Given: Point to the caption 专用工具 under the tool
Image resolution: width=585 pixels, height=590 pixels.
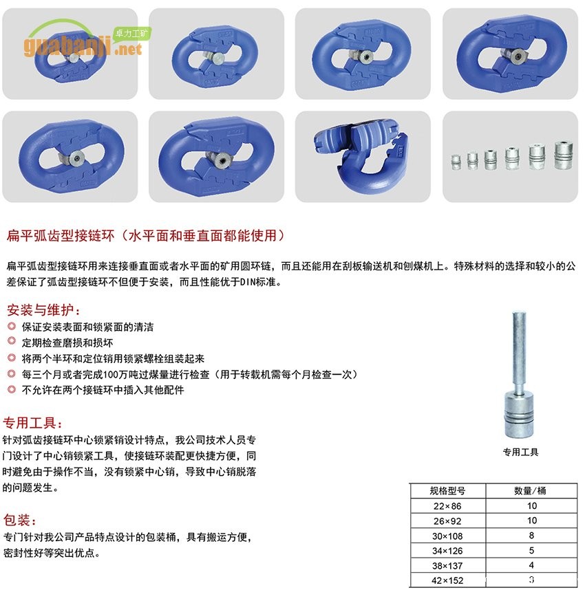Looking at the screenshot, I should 520,452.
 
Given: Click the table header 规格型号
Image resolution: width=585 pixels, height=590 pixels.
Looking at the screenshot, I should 447,491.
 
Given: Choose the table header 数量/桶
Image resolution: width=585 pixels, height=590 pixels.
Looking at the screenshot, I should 531,491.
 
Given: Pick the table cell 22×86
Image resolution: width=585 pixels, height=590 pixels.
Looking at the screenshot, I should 447,506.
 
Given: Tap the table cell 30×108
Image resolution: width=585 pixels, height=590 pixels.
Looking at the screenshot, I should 447,535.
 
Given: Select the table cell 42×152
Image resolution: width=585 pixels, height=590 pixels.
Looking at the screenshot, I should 447,580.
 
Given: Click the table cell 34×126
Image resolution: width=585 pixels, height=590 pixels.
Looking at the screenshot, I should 447,550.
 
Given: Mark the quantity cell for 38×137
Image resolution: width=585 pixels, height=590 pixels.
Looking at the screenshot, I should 531,565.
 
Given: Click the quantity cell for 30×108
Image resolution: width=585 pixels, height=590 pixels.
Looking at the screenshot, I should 531,535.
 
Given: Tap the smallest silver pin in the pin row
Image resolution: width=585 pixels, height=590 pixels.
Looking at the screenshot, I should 455,160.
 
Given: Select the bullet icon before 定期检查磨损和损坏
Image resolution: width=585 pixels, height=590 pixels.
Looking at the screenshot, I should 11,341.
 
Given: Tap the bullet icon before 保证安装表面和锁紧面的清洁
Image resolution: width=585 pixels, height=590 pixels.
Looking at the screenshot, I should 11,325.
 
